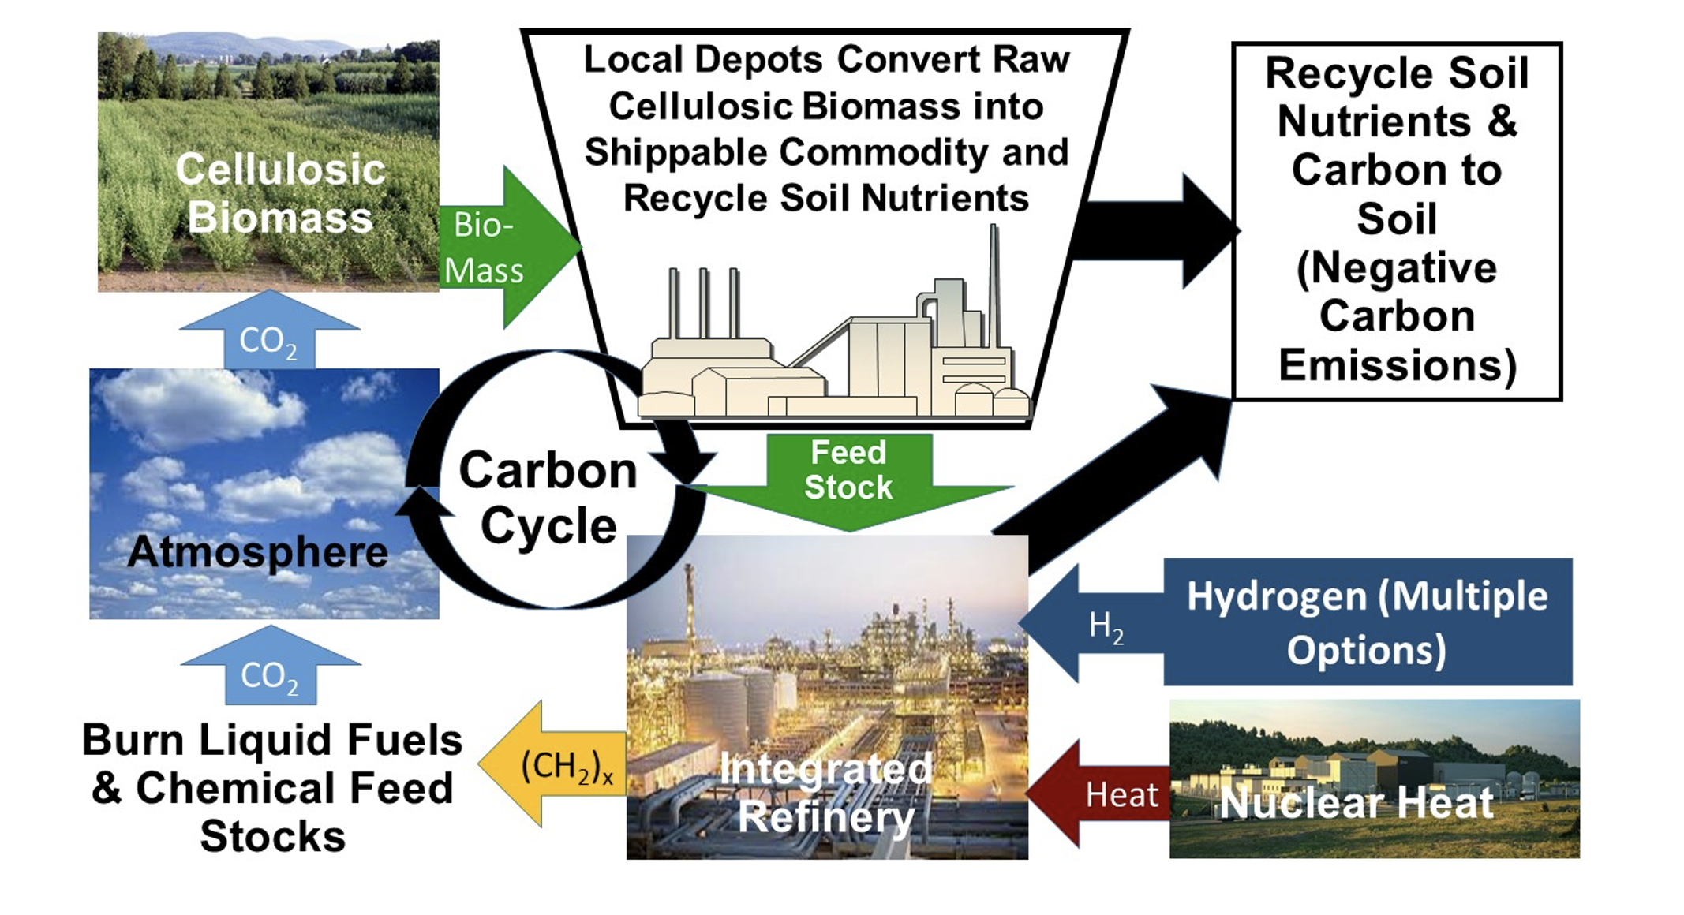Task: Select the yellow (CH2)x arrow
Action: point(556,764)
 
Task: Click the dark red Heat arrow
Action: point(1105,794)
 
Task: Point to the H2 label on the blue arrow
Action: point(1106,626)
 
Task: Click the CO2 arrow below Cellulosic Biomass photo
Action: point(269,334)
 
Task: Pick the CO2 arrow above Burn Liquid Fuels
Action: point(271,670)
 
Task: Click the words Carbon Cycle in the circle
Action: point(548,498)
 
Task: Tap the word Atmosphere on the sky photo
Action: point(258,551)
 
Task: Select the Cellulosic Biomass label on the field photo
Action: point(280,193)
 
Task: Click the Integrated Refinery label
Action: point(826,793)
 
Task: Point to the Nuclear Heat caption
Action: point(1356,803)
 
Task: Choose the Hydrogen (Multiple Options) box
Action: point(1368,622)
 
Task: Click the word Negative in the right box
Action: point(1397,267)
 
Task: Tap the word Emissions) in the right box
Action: point(1397,365)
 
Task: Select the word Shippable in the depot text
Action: point(675,152)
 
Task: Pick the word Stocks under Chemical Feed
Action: point(273,836)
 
